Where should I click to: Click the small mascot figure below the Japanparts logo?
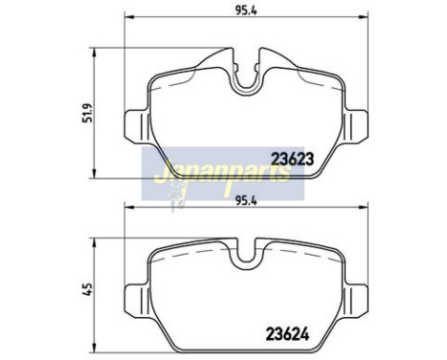pyautogui.click(x=176, y=195)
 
